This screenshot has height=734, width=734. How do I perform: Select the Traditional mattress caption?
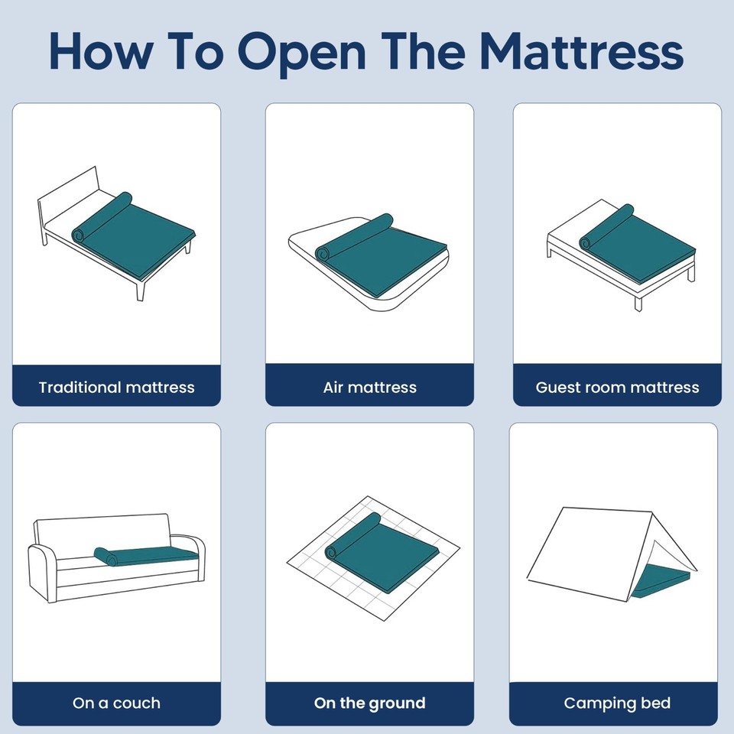116,387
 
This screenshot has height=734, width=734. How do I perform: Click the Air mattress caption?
369,387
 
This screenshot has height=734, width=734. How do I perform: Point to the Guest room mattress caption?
617,387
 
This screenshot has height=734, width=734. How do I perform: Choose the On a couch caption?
116,703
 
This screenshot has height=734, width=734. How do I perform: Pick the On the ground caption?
369,703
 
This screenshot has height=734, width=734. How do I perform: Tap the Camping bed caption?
617,703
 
